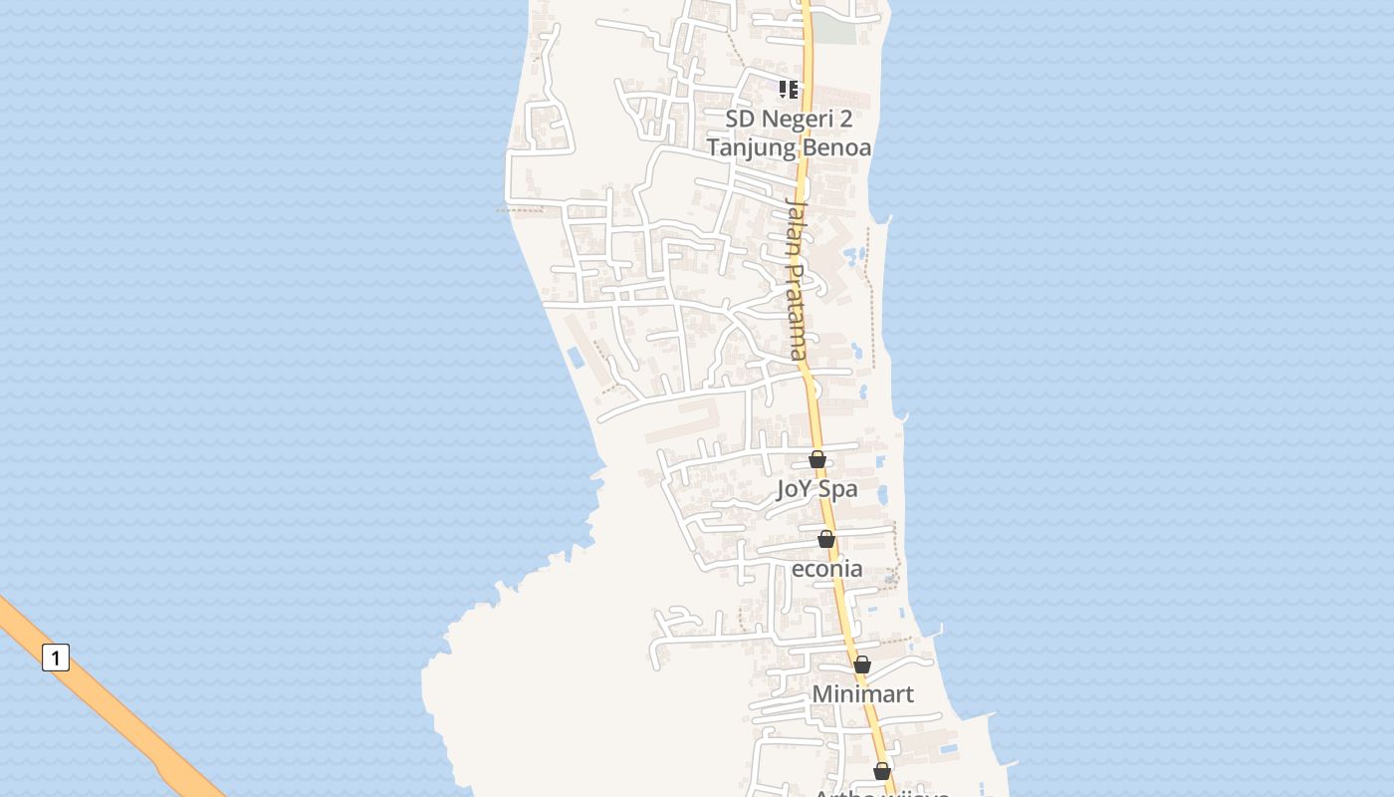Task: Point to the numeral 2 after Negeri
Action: coord(845,120)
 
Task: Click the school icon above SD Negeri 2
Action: coord(789,90)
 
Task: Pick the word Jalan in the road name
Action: coord(795,228)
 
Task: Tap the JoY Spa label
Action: coord(816,489)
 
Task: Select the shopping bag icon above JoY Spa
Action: coord(817,459)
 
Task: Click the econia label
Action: coord(826,569)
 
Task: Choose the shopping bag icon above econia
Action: coord(826,539)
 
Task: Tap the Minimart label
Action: coord(862,693)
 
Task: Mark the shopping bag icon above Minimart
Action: coord(862,664)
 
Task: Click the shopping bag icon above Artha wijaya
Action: coord(881,771)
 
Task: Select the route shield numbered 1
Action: coord(56,658)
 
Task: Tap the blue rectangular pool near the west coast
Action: coord(576,357)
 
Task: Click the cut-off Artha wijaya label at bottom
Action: coord(881,793)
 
